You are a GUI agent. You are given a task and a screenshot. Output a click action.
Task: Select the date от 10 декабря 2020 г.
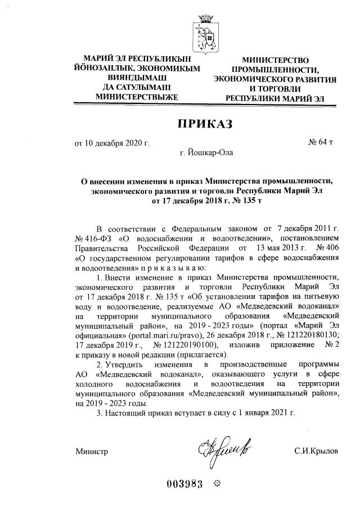tap(112, 143)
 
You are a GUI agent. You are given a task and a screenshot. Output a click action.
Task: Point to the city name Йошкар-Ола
tap(205, 152)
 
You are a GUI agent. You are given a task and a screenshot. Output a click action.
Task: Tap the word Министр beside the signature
tap(92, 451)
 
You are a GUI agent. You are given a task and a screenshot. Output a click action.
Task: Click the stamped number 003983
tap(184, 486)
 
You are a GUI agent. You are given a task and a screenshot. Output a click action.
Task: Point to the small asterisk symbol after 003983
tap(219, 486)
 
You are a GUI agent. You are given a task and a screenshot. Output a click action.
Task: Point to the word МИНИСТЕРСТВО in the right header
tap(276, 61)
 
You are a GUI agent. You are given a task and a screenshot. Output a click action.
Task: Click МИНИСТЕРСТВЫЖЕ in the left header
tap(129, 97)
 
